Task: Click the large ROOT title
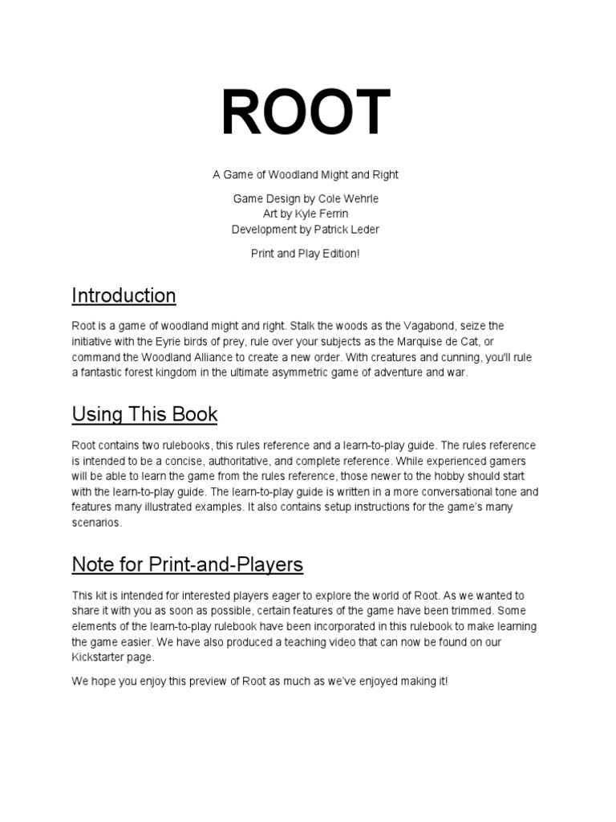[307, 113]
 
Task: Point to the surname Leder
[363, 230]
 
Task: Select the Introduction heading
[124, 296]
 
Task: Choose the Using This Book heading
[144, 415]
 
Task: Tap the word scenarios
[97, 522]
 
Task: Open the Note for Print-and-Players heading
[188, 564]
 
